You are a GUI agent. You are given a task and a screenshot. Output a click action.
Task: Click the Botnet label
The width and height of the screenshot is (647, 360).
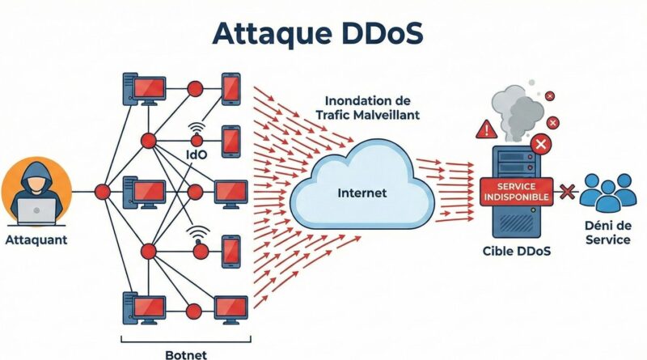[x=186, y=354]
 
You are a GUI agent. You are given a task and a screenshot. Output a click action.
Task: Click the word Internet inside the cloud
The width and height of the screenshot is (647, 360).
[x=361, y=194]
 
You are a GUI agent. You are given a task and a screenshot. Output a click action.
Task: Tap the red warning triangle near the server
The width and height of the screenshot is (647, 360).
[x=487, y=129]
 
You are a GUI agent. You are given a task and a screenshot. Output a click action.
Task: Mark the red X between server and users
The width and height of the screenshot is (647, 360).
[x=566, y=192]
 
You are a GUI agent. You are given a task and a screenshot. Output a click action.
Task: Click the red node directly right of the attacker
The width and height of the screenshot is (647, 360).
[x=102, y=192]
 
